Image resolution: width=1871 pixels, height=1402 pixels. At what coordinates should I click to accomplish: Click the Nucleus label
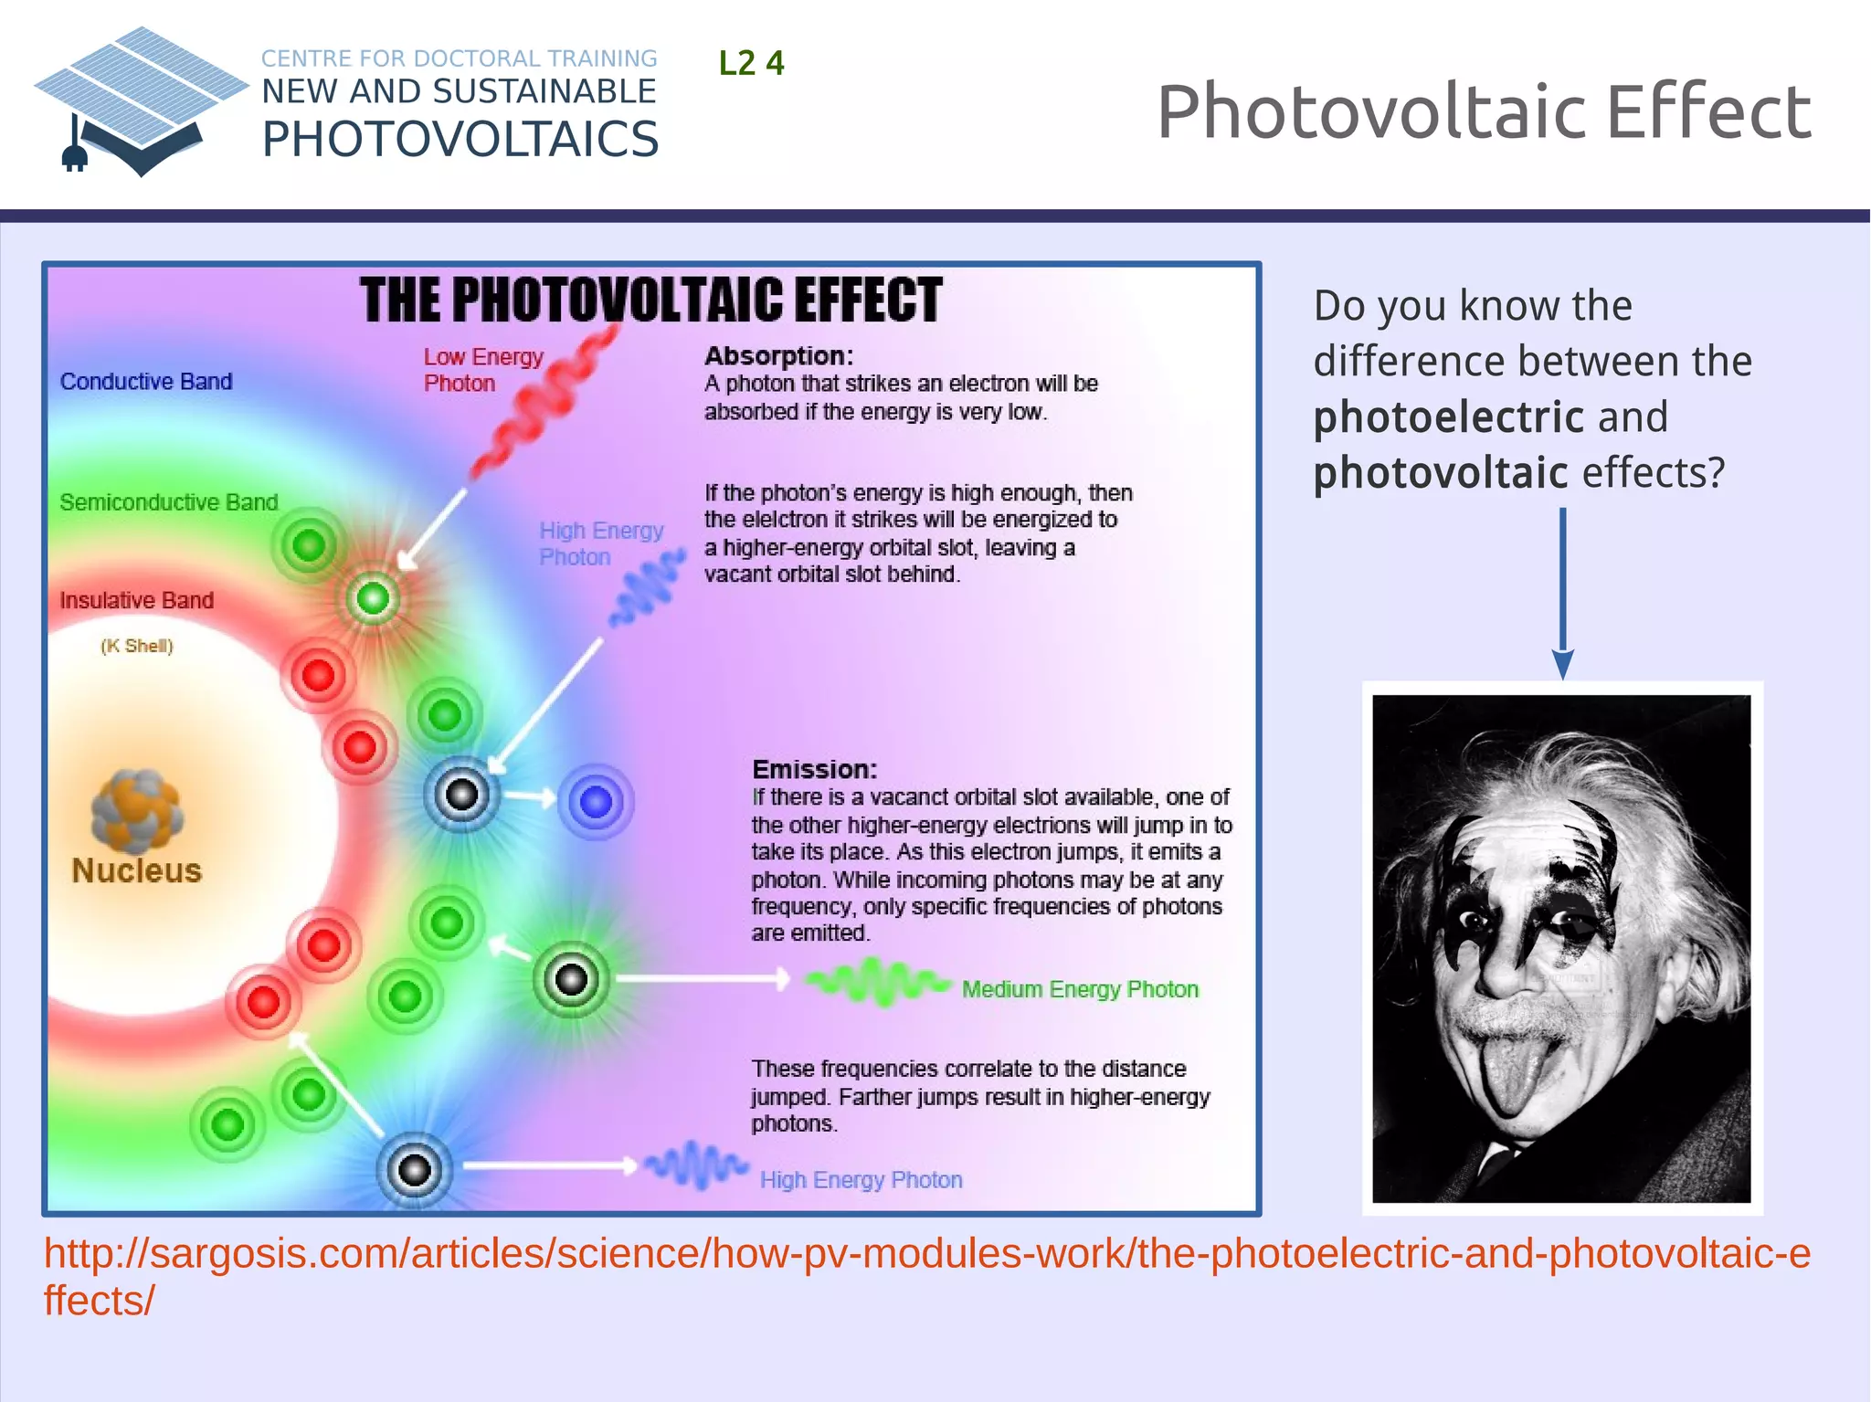click(x=136, y=870)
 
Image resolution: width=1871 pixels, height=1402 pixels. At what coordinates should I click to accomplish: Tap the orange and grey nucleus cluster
click(x=137, y=809)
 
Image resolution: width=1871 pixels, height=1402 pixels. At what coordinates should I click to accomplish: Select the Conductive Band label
click(x=146, y=381)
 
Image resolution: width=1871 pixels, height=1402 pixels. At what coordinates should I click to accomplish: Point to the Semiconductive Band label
click(x=169, y=502)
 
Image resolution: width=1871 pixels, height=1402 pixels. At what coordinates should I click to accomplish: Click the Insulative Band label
click(x=137, y=600)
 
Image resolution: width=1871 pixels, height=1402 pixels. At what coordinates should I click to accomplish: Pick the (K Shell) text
click(x=137, y=646)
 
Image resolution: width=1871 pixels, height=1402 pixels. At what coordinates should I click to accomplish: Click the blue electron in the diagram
click(x=596, y=802)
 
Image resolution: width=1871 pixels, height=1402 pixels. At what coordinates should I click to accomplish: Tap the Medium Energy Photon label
click(x=1080, y=989)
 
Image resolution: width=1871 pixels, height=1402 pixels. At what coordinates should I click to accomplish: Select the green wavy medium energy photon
click(x=877, y=983)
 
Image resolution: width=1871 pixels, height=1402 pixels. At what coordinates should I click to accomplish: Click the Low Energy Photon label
click(x=482, y=370)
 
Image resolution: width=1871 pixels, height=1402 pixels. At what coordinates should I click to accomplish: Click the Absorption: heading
click(x=778, y=355)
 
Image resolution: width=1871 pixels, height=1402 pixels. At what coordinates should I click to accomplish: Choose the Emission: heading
click(x=814, y=769)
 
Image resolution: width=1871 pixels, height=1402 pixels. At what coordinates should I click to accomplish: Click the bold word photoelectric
click(x=1448, y=417)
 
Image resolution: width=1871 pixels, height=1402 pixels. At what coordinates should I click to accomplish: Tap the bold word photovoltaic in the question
click(x=1441, y=473)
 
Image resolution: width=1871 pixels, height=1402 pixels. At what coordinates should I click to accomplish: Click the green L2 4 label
click(x=751, y=63)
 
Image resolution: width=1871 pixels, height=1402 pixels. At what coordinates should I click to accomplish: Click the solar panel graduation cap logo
click(x=141, y=100)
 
